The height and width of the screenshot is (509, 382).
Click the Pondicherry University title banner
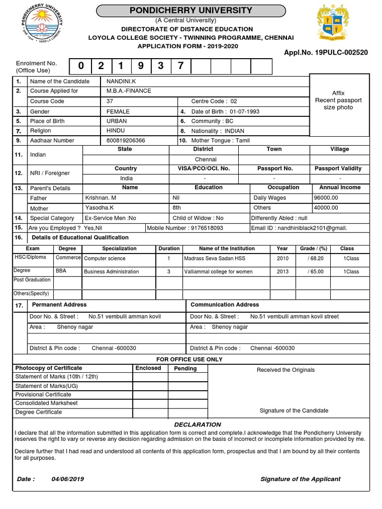pos(191,10)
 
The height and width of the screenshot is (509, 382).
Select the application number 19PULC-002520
pos(326,52)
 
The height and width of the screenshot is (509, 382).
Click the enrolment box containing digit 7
pos(181,66)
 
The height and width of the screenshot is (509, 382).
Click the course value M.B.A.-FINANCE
pos(129,91)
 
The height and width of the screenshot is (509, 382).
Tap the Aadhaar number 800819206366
pos(126,141)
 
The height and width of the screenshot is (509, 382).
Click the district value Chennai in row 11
pos(205,160)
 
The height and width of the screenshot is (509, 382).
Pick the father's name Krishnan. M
pos(101,198)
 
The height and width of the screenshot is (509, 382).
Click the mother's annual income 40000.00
pos(326,208)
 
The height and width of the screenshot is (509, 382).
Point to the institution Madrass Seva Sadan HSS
pos(214,258)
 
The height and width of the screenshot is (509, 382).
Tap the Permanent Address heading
pos(59,305)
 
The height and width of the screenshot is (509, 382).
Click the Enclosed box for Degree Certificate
pos(150,412)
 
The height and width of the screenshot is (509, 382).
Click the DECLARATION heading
pos(197,424)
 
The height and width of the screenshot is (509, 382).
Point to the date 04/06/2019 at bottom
pos(68,479)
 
